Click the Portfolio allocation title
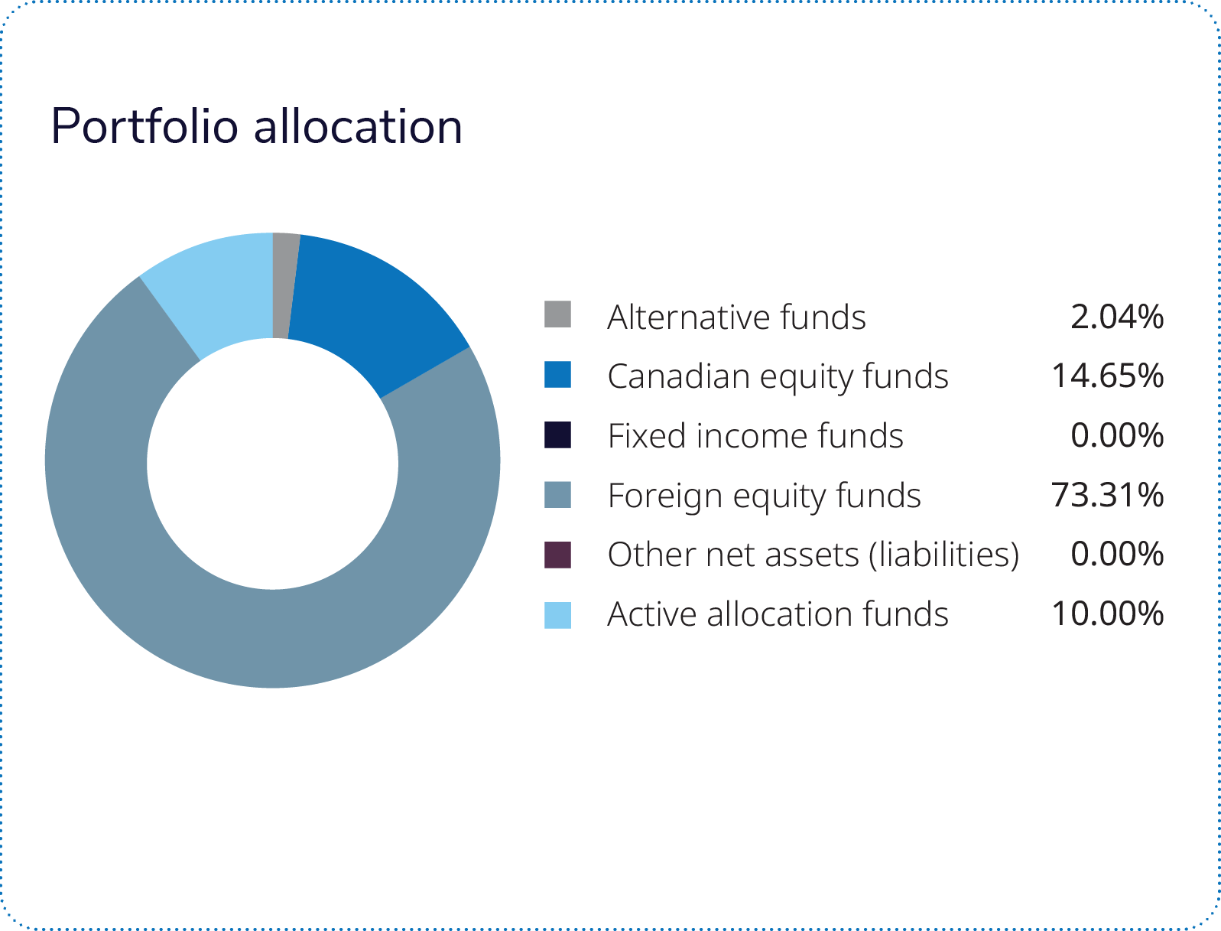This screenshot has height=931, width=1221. click(256, 126)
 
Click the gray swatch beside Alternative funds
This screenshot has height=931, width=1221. click(557, 314)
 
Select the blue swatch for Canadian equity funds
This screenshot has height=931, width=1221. click(557, 375)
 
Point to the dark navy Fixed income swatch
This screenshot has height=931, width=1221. click(557, 435)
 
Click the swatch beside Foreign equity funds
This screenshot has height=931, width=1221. click(557, 494)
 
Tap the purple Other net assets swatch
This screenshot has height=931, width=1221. click(557, 555)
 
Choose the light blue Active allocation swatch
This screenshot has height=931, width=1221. click(557, 615)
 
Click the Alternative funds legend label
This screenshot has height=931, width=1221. click(736, 317)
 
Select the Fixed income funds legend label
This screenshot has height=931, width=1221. click(755, 436)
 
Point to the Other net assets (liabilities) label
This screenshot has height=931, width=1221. click(813, 555)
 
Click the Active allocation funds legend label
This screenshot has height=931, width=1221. click(778, 614)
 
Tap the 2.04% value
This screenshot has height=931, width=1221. click(1117, 317)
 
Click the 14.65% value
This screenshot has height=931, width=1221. click(1108, 376)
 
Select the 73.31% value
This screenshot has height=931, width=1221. click(1108, 495)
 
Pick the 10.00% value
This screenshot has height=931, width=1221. click(1108, 614)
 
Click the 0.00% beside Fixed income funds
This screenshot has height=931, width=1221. click(1117, 436)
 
